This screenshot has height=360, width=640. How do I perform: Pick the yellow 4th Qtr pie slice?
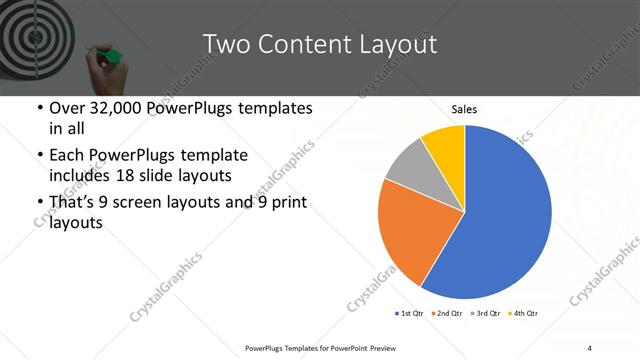click(444, 146)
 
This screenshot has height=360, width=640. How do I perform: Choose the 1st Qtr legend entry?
click(410, 314)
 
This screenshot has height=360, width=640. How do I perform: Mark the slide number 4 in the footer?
click(590, 347)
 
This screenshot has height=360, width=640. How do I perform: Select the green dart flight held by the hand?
click(112, 54)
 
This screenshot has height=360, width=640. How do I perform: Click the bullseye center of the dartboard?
click(33, 36)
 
